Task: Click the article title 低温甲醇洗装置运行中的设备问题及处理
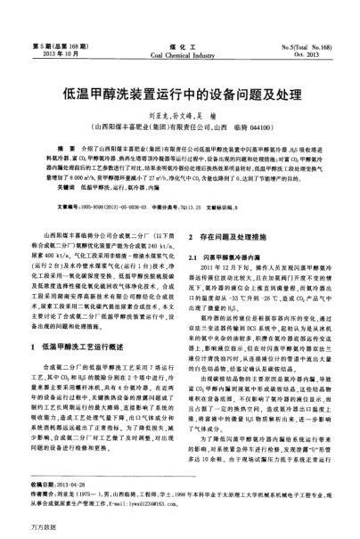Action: [179, 93]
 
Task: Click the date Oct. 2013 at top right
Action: [318, 51]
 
